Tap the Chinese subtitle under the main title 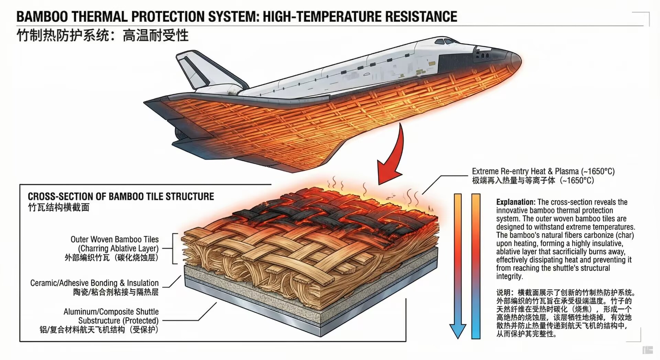(102, 35)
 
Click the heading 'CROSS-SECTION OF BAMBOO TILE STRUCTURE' (121, 196)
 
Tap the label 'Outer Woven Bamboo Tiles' (114, 239)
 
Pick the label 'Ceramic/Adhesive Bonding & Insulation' (95, 283)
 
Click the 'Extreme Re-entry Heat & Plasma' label (543, 171)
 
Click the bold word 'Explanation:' (516, 202)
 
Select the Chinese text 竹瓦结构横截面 (59, 207)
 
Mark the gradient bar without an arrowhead (476, 266)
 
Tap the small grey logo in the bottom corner (647, 350)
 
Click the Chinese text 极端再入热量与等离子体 (514, 181)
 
